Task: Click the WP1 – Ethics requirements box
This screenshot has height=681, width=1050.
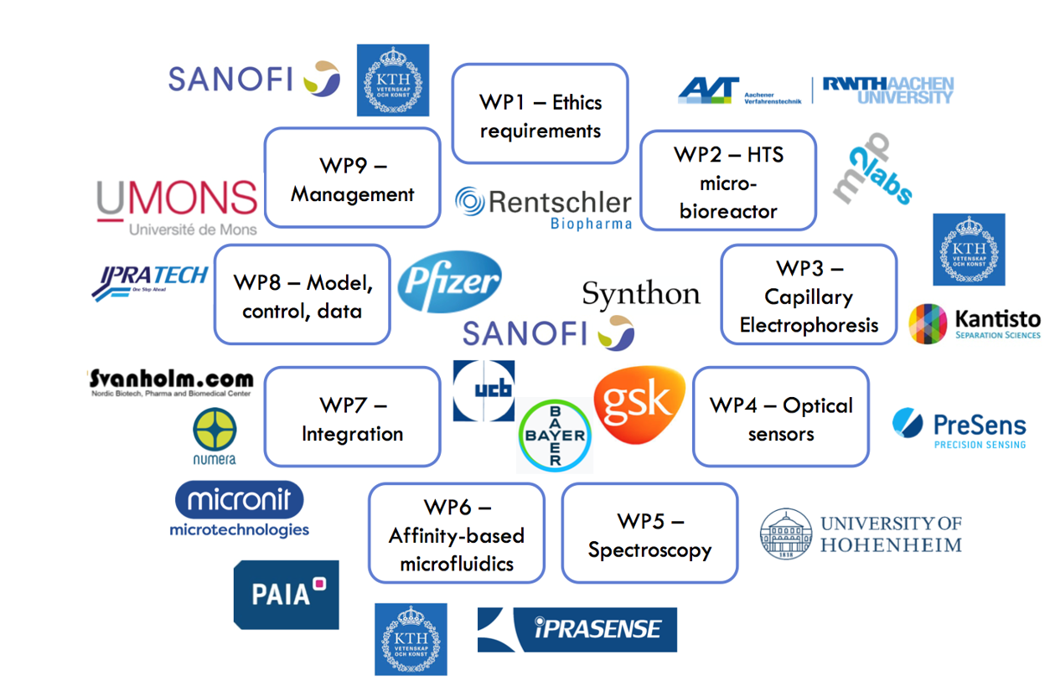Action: click(540, 115)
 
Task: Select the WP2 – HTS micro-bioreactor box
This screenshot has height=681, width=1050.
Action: click(727, 181)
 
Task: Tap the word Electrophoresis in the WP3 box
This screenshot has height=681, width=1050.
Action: click(809, 326)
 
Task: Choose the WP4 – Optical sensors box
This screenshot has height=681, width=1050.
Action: click(780, 417)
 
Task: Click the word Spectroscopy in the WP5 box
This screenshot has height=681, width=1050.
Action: click(649, 550)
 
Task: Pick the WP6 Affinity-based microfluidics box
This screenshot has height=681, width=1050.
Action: click(456, 534)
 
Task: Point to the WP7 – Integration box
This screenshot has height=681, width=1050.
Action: click(352, 417)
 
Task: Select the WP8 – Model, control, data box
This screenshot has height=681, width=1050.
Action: click(302, 295)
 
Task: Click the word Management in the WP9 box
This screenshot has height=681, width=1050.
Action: click(352, 195)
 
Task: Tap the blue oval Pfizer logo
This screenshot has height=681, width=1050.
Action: click(449, 282)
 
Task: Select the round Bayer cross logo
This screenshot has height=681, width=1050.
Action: click(555, 436)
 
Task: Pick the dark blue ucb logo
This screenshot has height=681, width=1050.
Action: click(484, 391)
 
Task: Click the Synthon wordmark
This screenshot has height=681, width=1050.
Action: click(641, 294)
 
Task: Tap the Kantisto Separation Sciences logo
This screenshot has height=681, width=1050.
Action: click(975, 323)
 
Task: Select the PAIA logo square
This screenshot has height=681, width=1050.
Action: click(286, 595)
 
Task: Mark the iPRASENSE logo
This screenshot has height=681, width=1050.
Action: click(577, 629)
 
